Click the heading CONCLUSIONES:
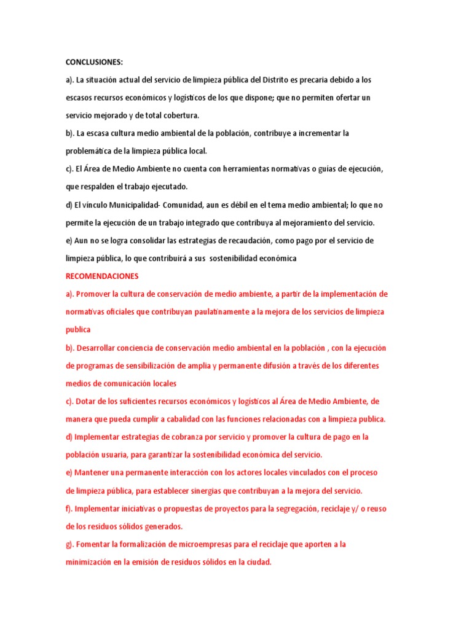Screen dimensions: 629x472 pyautogui.click(x=94, y=62)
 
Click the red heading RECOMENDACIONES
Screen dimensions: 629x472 pyautogui.click(x=102, y=276)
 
